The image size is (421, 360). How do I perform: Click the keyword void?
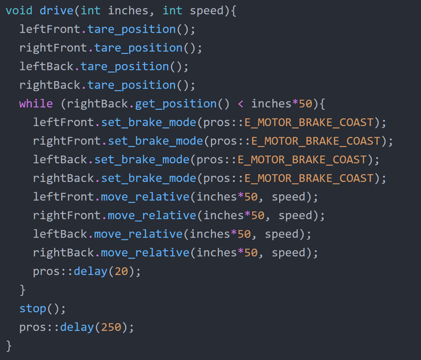[19, 11]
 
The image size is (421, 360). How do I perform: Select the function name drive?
[56, 11]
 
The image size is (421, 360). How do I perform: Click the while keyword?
[36, 104]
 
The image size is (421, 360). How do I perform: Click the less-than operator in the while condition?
[241, 104]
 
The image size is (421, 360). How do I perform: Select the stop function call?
[33, 309]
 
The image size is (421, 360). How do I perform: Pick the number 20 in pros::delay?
[121, 271]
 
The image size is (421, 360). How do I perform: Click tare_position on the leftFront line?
[131, 29]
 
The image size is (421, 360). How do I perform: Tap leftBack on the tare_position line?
[47, 66]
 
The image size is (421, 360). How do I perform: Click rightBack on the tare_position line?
[50, 85]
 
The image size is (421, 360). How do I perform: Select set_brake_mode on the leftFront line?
[148, 123]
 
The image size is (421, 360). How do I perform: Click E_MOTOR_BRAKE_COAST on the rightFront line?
[316, 141]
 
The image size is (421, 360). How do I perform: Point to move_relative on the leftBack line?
[138, 234]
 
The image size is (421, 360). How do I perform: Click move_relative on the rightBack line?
[145, 253]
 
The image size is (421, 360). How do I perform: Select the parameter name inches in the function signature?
[128, 11]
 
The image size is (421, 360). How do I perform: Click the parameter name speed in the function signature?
[207, 11]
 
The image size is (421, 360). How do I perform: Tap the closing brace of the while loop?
[22, 290]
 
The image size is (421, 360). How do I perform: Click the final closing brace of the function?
[9, 346]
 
